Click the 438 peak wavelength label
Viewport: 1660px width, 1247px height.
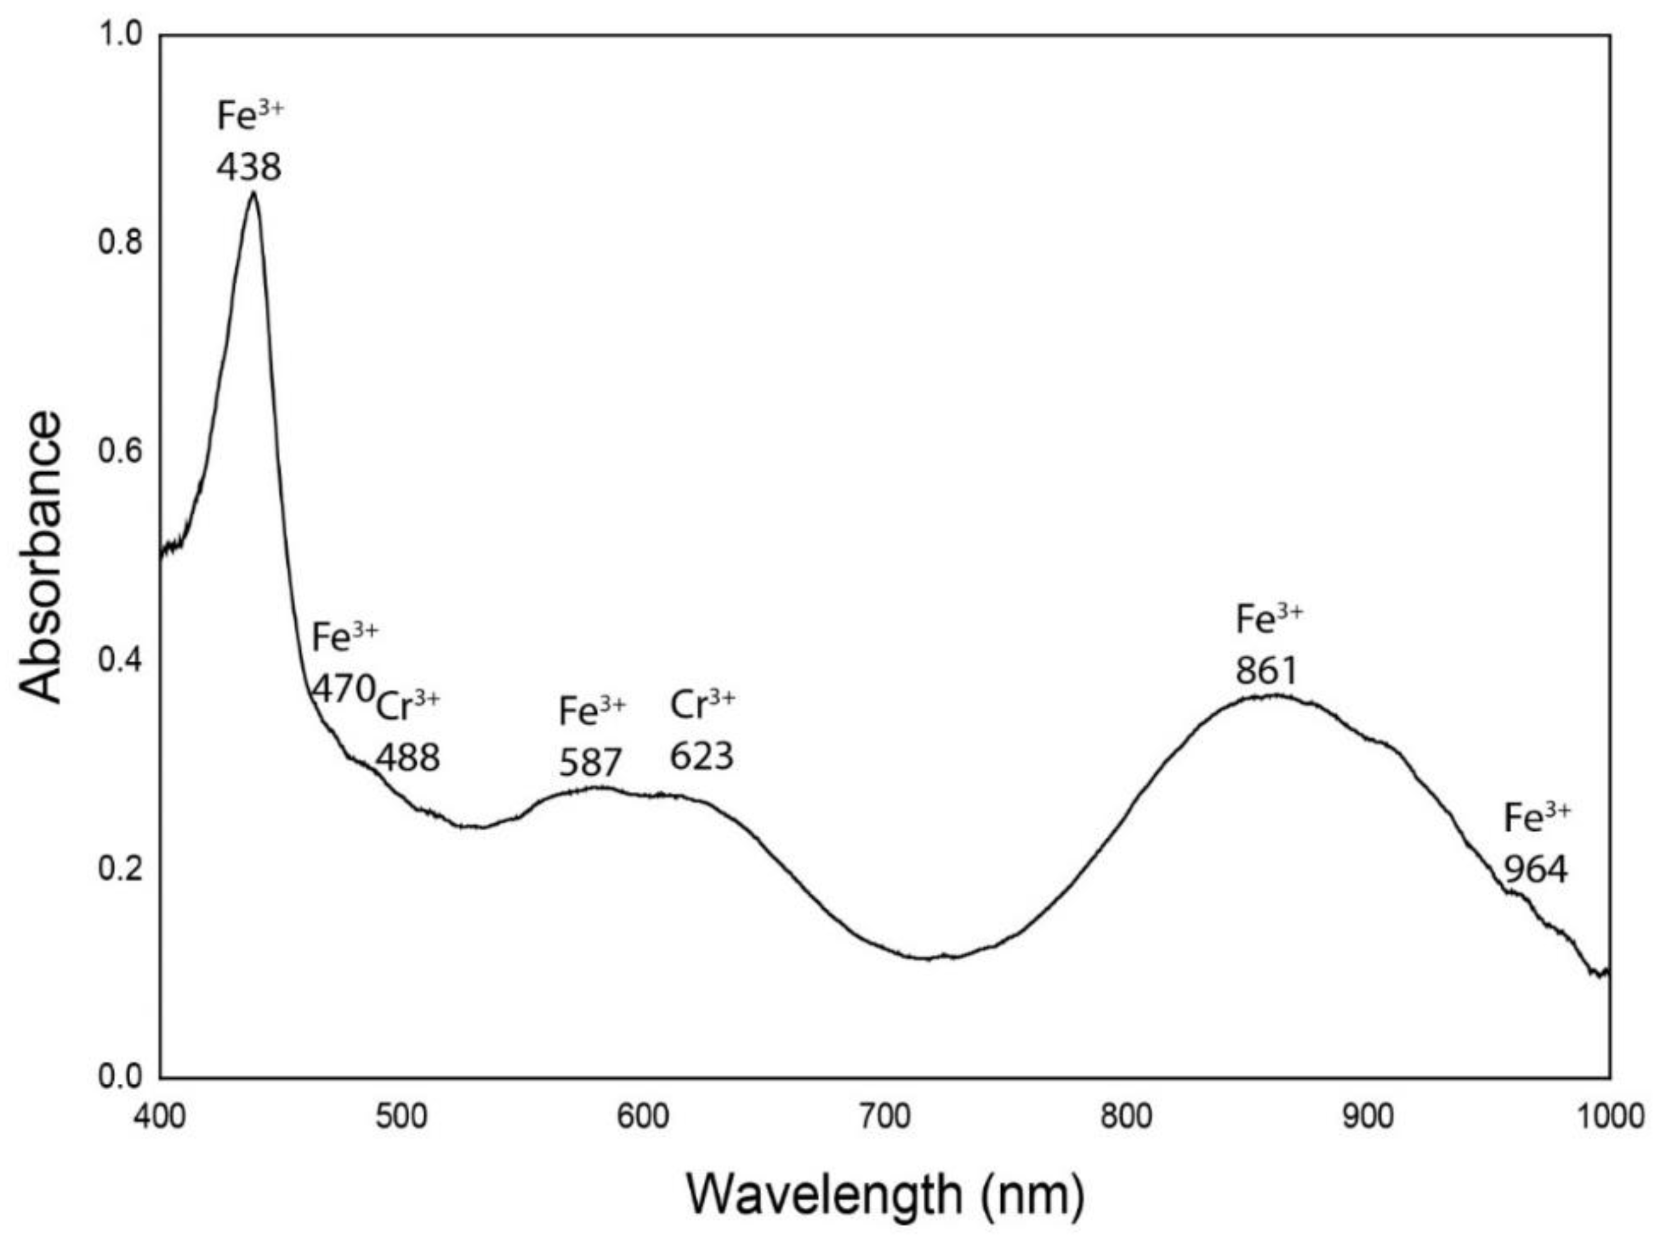click(x=249, y=166)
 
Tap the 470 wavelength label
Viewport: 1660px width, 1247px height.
click(x=343, y=687)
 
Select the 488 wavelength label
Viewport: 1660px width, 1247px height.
click(x=407, y=758)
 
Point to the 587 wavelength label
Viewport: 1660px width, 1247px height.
click(x=590, y=763)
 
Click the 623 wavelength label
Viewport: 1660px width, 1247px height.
click(x=701, y=756)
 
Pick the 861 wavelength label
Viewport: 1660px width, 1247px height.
click(x=1267, y=670)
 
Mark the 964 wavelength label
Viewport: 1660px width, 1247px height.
click(x=1536, y=870)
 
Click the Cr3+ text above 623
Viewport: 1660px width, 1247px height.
click(x=703, y=705)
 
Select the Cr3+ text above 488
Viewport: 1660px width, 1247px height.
click(x=407, y=706)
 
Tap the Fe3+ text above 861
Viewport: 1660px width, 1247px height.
click(x=1269, y=620)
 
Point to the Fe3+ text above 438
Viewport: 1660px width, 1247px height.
click(x=250, y=116)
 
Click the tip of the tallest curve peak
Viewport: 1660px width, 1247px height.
click(x=254, y=193)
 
